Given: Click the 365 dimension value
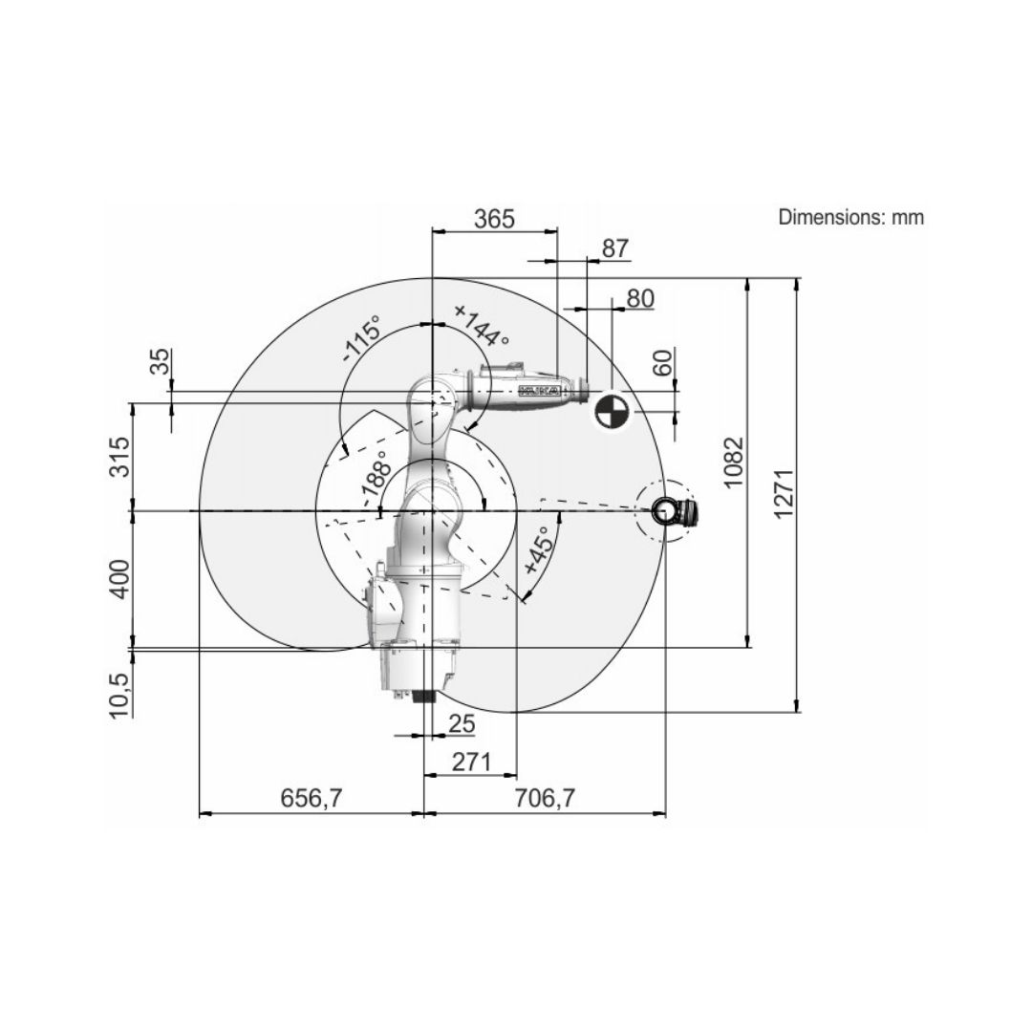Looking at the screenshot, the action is tap(494, 219).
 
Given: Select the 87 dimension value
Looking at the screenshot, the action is tap(615, 248).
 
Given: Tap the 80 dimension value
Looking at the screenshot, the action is tap(640, 299).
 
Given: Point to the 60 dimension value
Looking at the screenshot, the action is tap(664, 363).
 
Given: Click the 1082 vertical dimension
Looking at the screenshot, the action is tap(733, 462).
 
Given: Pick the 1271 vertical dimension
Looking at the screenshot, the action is tap(784, 494).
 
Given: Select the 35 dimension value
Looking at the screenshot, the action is tap(160, 361).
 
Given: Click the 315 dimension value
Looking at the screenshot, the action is tap(120, 457).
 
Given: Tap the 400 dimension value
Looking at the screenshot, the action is tap(120, 579).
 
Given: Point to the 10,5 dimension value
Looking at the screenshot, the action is tap(120, 696).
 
